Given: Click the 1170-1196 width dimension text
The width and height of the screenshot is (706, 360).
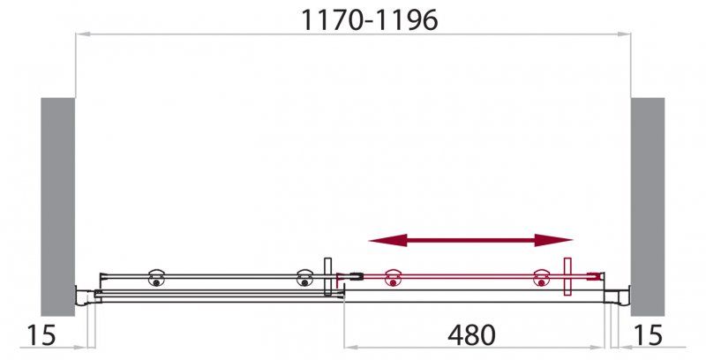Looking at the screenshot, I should [370, 20].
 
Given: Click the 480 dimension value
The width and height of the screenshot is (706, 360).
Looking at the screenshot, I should [471, 335].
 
